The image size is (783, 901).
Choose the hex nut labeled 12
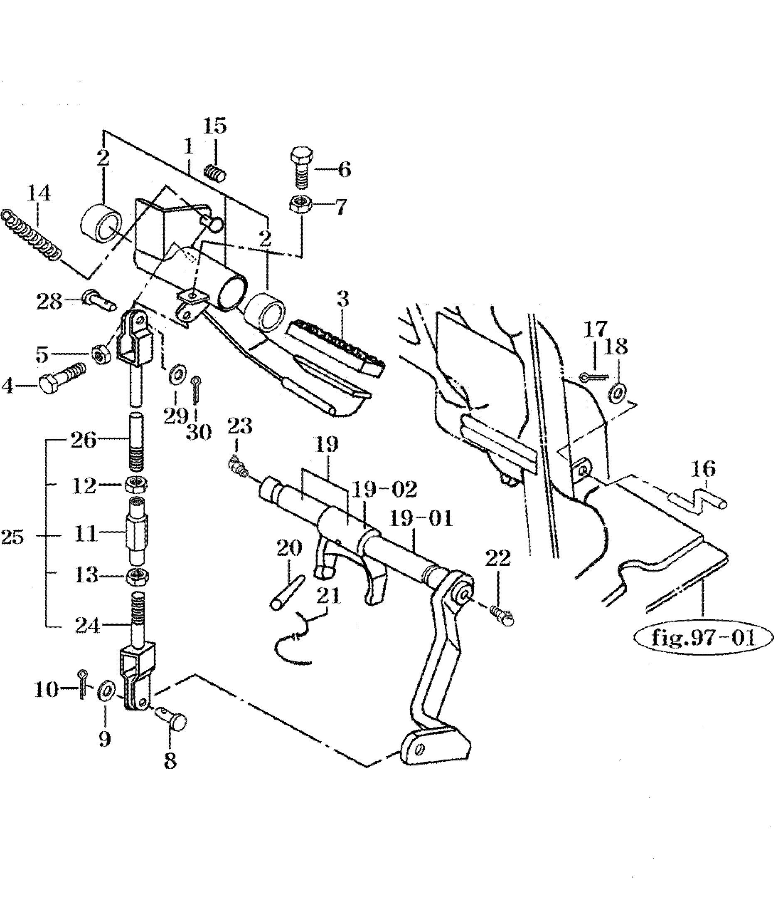click(137, 485)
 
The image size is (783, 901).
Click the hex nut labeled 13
click(137, 577)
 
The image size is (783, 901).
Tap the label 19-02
click(384, 490)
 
